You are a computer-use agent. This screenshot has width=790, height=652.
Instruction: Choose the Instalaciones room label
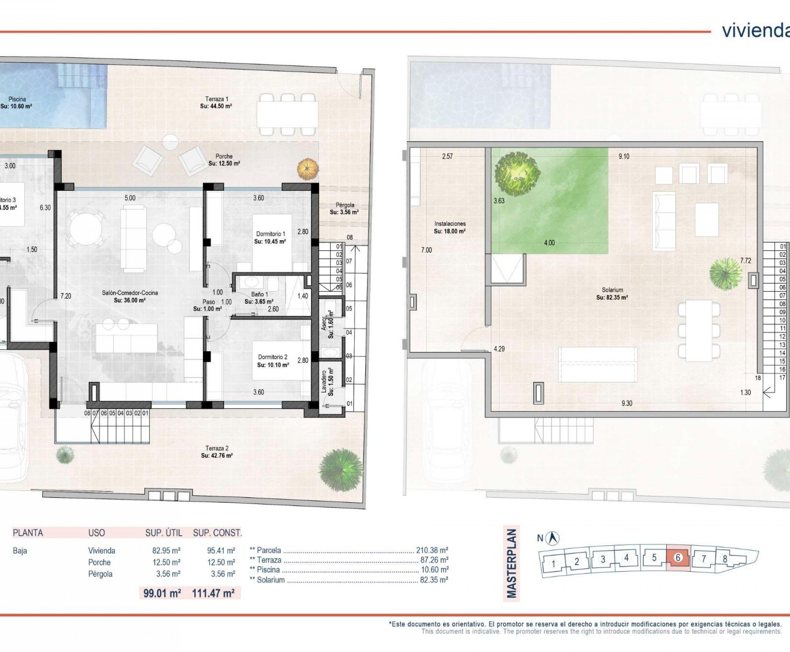click(x=450, y=227)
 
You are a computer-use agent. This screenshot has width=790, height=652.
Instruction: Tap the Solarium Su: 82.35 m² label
click(x=612, y=293)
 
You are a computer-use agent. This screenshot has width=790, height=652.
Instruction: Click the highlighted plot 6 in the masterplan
click(x=678, y=558)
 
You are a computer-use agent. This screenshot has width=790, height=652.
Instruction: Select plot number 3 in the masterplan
click(x=603, y=559)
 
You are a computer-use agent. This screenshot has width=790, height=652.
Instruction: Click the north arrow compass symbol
click(x=552, y=538)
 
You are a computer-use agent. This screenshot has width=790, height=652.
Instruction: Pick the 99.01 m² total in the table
click(x=162, y=593)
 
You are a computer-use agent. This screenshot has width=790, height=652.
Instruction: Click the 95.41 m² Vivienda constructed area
click(x=221, y=550)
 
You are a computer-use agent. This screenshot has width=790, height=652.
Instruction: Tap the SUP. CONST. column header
click(x=217, y=533)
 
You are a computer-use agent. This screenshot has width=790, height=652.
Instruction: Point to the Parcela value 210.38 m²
click(x=432, y=550)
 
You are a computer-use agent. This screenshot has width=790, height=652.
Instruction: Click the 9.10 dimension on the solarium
click(x=624, y=156)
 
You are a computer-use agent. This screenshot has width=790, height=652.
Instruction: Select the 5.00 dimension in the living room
click(x=130, y=198)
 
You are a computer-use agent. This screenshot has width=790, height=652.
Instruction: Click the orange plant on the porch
click(x=308, y=170)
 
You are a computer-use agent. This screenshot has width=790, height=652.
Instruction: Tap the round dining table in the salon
click(x=86, y=229)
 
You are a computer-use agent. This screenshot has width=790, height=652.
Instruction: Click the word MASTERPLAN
click(x=512, y=563)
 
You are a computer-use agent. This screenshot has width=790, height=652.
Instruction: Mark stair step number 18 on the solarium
click(x=758, y=378)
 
